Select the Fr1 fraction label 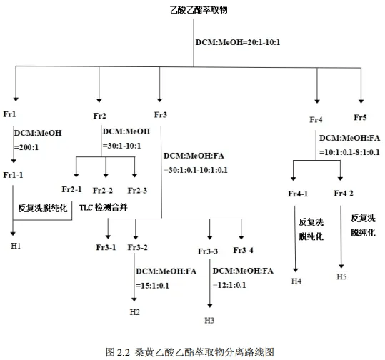click(10, 115)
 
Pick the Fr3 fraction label click(161, 114)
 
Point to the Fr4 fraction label click(316, 118)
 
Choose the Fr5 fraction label click(361, 116)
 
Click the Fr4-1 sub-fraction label click(298, 194)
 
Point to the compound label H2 click(135, 312)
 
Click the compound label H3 click(209, 319)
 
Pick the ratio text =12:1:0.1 click(227, 285)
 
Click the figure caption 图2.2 click(117, 351)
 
